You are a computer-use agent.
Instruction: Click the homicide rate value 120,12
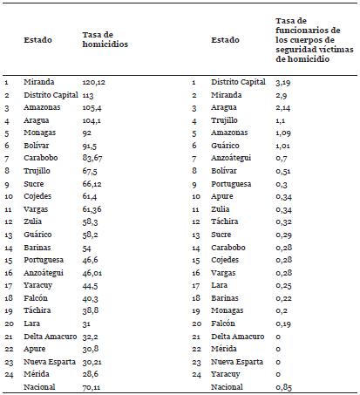pyautogui.click(x=93, y=81)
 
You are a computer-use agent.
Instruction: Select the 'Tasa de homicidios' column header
pyautogui.click(x=104, y=40)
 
